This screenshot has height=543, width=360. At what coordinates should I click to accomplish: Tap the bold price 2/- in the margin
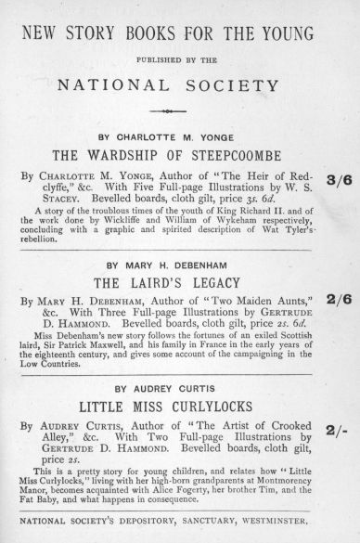tap(337, 431)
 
